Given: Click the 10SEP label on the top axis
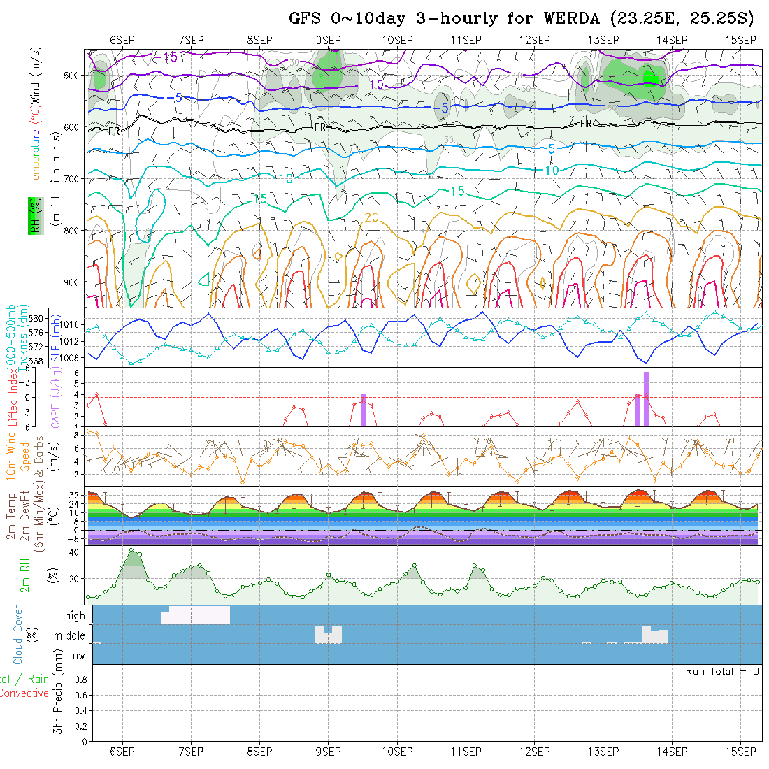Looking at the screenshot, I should click(x=397, y=39).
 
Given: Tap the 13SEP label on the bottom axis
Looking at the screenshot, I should click(x=603, y=752).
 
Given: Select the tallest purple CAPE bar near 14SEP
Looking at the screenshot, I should click(x=647, y=398).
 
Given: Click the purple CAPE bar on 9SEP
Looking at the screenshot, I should click(x=364, y=410).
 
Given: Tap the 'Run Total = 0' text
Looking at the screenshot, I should click(x=722, y=671).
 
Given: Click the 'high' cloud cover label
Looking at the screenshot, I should click(x=75, y=616).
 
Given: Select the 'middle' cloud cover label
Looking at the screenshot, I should click(x=70, y=636).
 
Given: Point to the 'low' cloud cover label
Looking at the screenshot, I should click(x=77, y=656).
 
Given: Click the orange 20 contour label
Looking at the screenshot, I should click(x=371, y=218).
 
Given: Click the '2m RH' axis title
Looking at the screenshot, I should click(x=24, y=575).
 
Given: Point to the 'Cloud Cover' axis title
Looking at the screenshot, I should click(x=18, y=635).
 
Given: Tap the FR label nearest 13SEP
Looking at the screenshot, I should click(x=586, y=123).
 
